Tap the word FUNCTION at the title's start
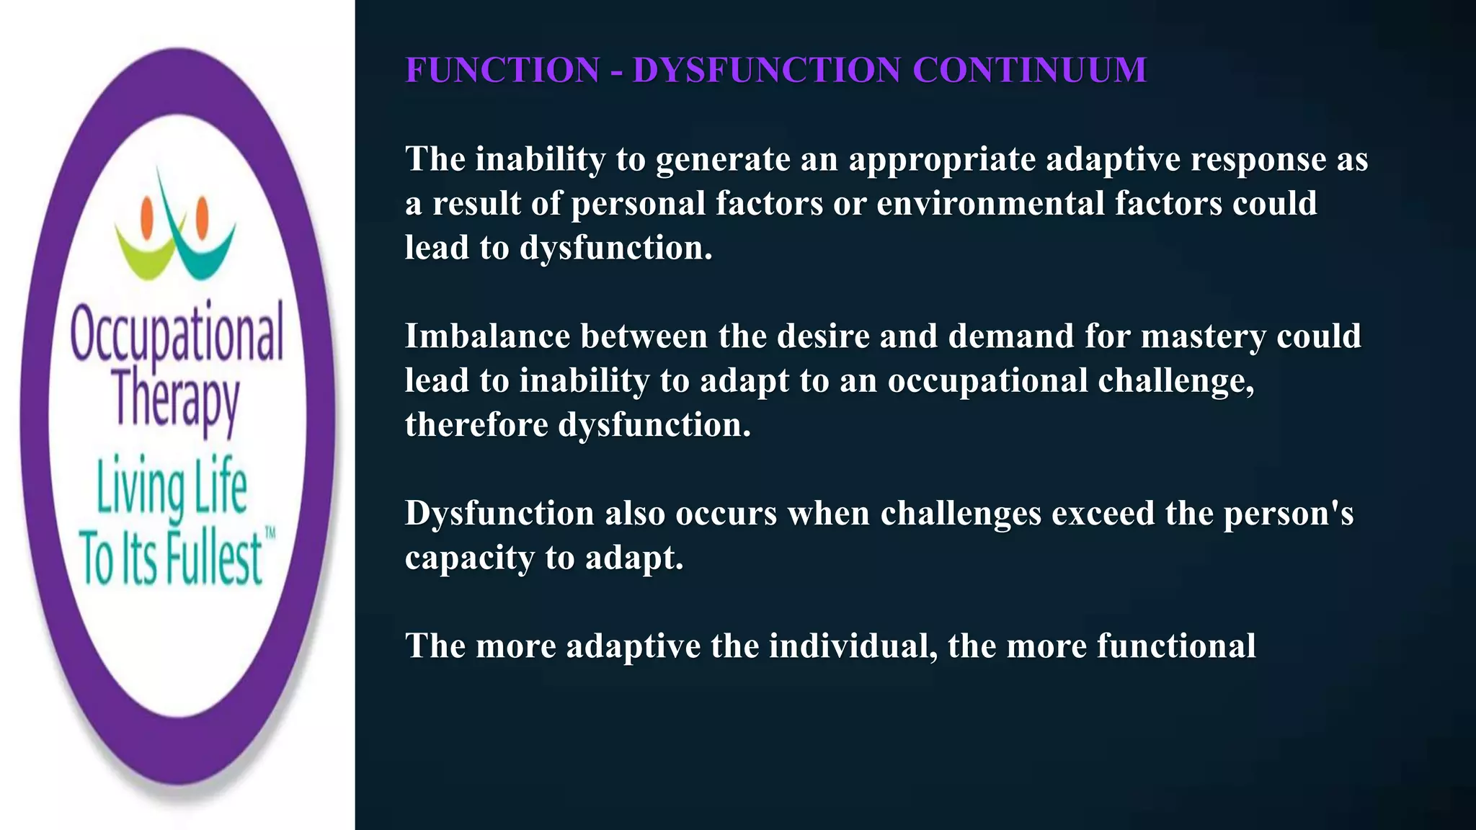[502, 71]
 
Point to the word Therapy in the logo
[176, 401]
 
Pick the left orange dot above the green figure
[148, 214]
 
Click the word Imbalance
[487, 336]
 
